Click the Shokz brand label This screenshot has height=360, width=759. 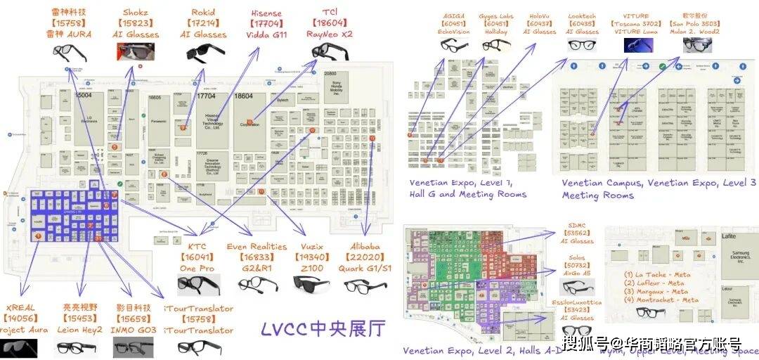(134, 12)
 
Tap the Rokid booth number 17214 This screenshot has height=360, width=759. (203, 23)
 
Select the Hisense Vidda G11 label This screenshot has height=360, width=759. (266, 34)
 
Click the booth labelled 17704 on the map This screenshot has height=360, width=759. (206, 96)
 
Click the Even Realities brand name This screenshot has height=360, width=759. (257, 247)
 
